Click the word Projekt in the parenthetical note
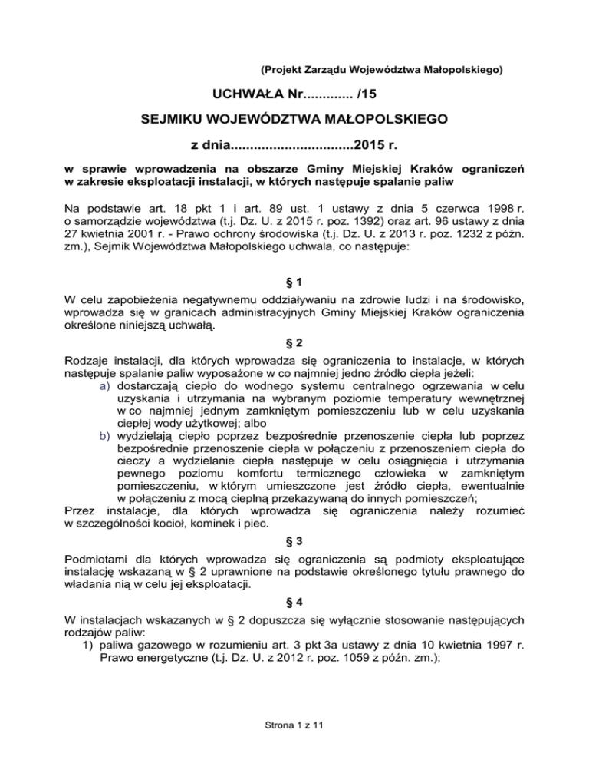(x=285, y=70)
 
